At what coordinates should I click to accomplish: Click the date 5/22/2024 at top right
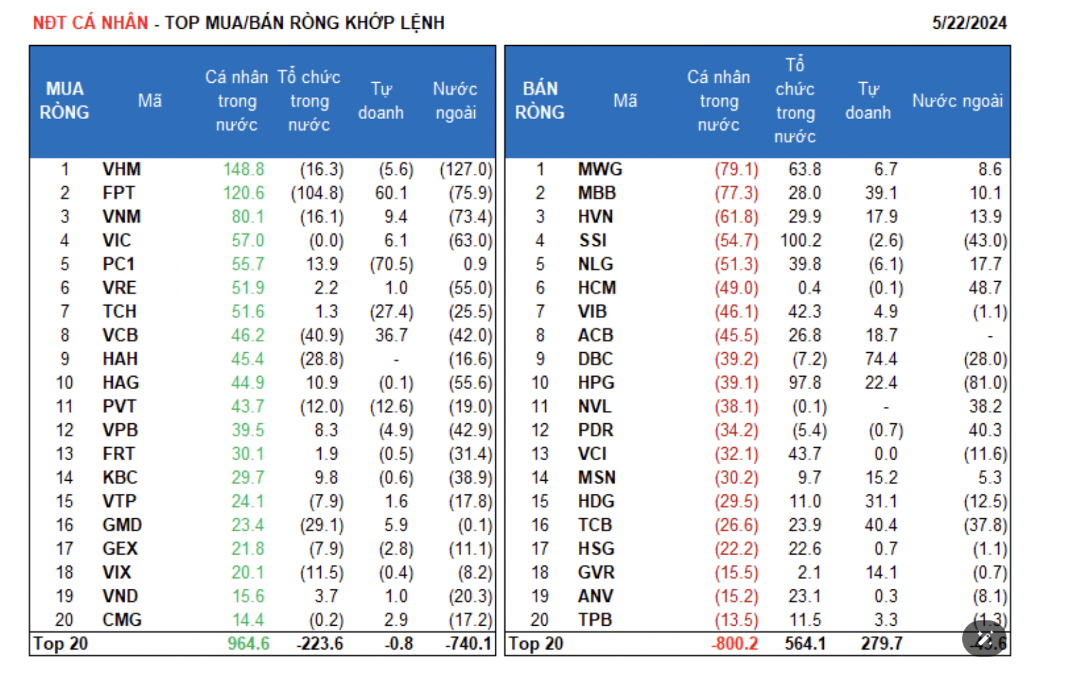[x=969, y=23]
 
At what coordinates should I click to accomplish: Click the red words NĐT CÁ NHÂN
[x=90, y=23]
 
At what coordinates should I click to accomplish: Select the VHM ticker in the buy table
[x=121, y=169]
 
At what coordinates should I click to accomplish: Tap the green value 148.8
[x=244, y=169]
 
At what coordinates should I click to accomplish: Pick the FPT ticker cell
[x=118, y=193]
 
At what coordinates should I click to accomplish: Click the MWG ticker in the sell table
[x=600, y=169]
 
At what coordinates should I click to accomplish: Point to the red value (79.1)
[x=736, y=169]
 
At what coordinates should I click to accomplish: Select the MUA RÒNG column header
[x=64, y=101]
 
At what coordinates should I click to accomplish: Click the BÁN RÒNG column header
[x=540, y=101]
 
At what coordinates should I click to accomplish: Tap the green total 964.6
[x=248, y=643]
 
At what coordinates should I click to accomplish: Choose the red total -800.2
[x=734, y=643]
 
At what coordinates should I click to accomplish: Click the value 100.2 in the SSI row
[x=801, y=241]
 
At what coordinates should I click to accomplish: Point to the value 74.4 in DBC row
[x=881, y=359]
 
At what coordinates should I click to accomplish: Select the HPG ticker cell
[x=596, y=383]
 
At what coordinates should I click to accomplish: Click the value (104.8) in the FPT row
[x=317, y=193]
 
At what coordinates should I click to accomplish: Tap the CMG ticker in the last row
[x=122, y=620]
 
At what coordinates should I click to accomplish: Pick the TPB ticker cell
[x=595, y=620]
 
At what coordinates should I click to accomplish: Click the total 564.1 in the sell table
[x=805, y=643]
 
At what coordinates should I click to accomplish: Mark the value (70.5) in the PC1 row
[x=391, y=264]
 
